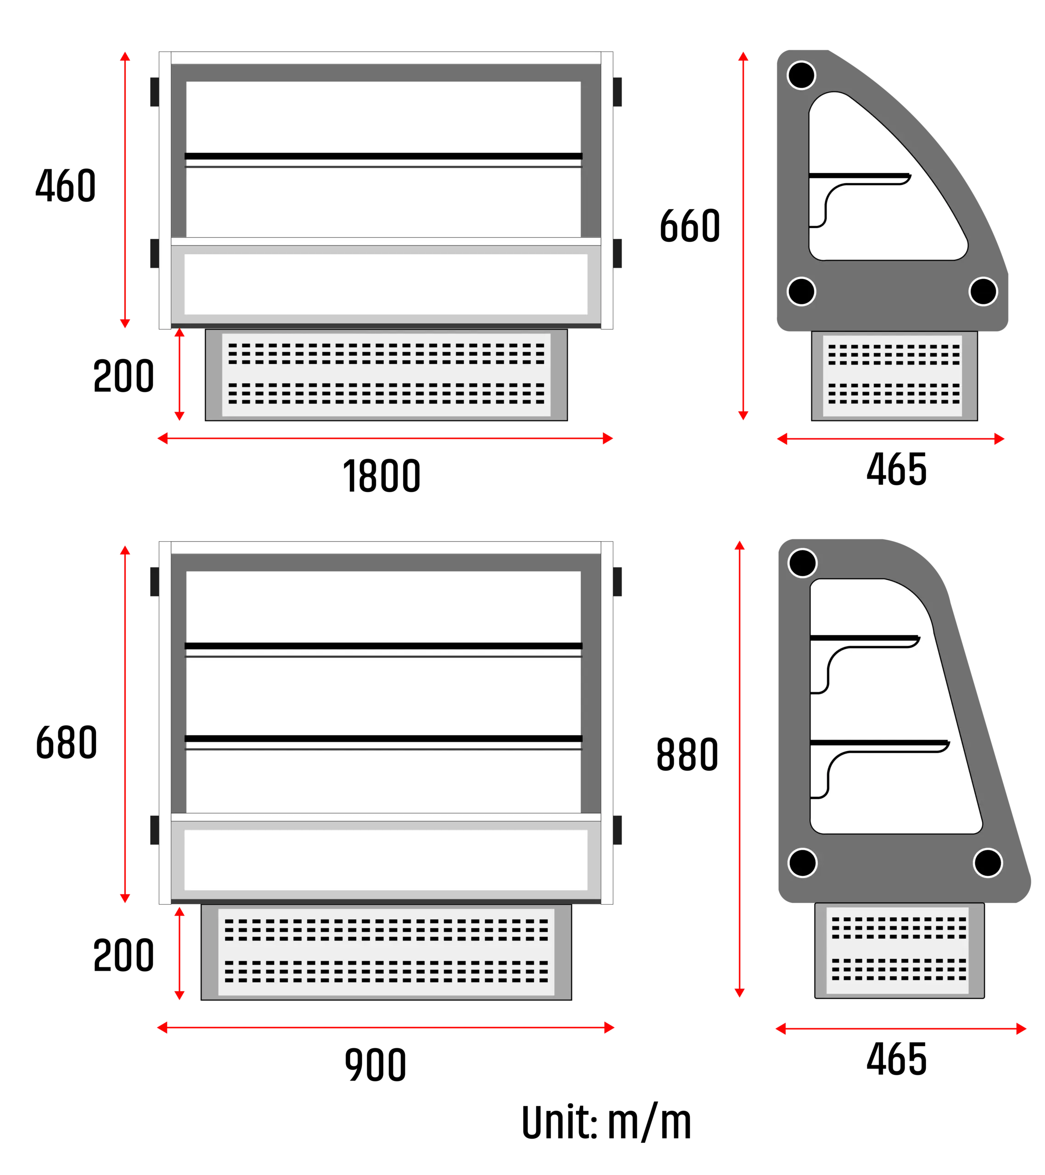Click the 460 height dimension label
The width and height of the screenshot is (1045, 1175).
[66, 185]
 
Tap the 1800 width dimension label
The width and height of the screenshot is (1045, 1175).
[382, 476]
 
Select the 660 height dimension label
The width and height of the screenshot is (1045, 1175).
[690, 225]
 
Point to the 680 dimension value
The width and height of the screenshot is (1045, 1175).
[66, 742]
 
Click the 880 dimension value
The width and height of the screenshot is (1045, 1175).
[687, 754]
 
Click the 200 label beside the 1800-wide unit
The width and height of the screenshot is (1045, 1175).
[124, 376]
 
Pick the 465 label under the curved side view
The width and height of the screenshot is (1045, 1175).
[897, 469]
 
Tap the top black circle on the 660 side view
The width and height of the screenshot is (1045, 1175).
[801, 75]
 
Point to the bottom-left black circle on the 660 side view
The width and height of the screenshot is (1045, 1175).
[801, 291]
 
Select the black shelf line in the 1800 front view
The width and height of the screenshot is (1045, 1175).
[383, 156]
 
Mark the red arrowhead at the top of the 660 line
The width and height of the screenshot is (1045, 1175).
[743, 56]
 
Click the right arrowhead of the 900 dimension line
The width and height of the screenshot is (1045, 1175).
[609, 1028]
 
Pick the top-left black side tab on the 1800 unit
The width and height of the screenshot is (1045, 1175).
[155, 92]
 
